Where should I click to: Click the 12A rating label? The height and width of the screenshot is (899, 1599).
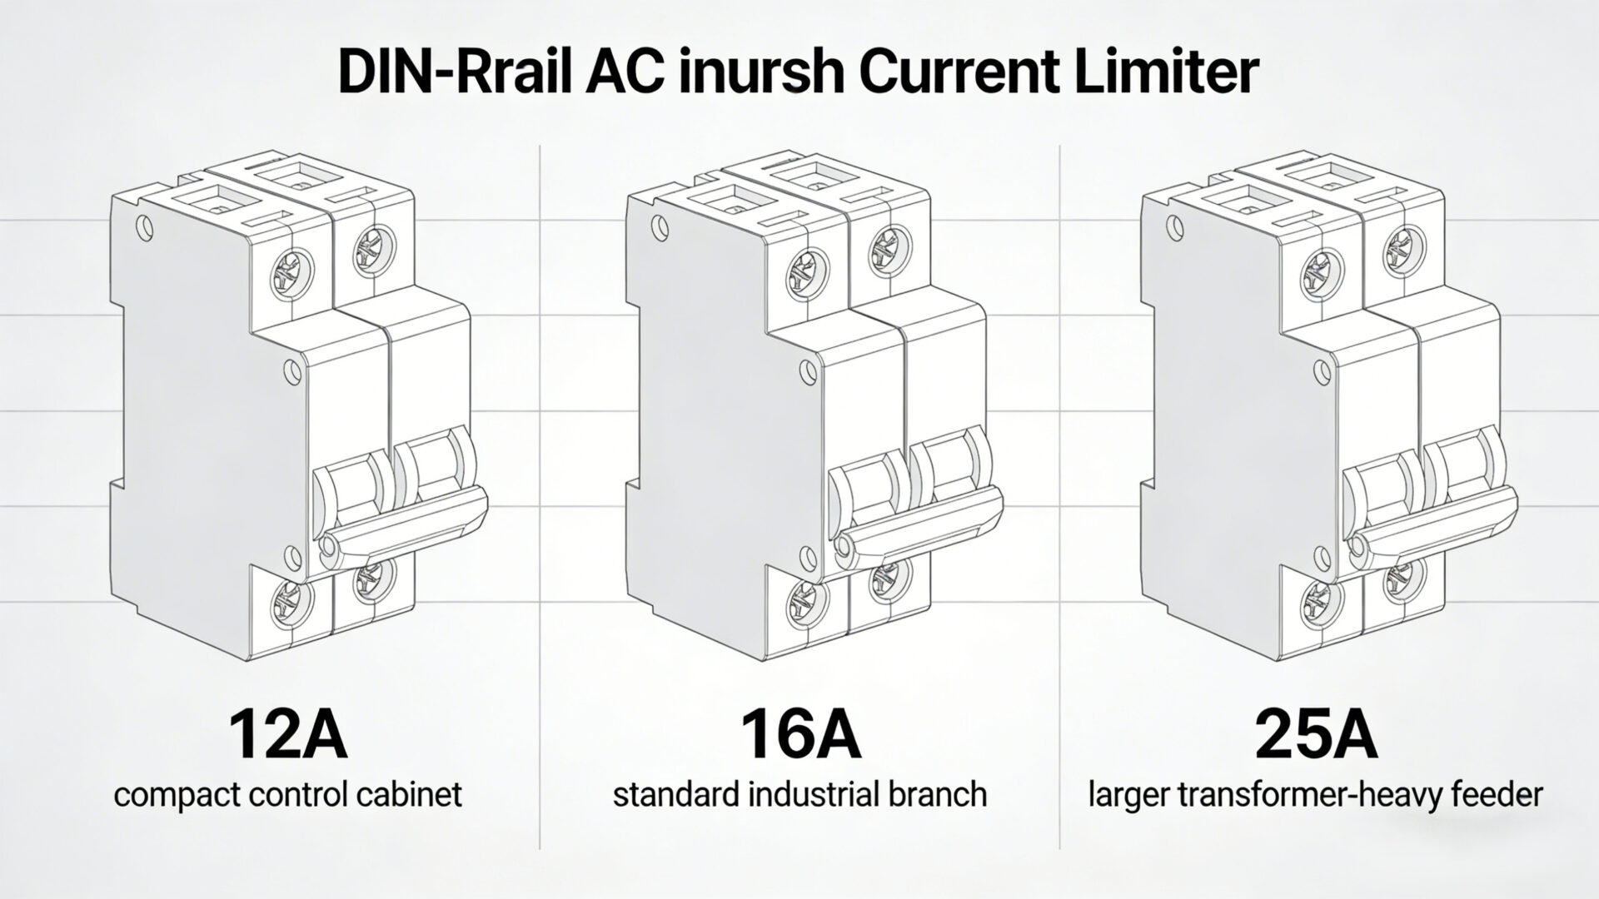point(287,734)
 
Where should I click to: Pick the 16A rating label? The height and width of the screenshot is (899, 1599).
point(800,734)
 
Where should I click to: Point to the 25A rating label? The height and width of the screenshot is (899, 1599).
point(1315,734)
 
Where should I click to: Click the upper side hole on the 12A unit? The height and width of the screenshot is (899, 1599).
point(146,226)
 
